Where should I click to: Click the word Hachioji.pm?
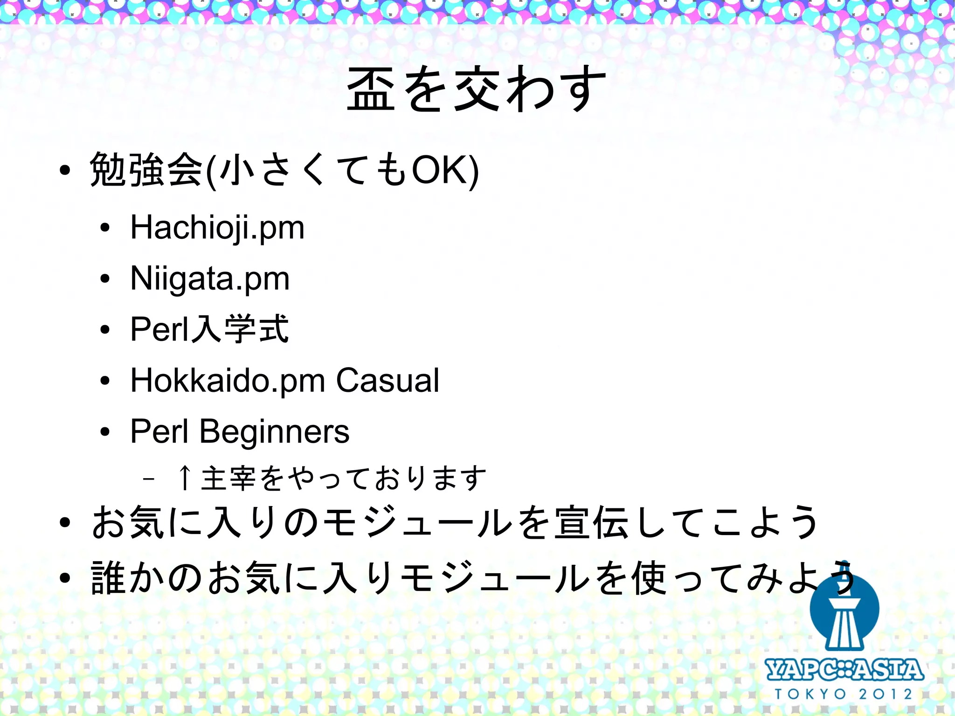pyautogui.click(x=217, y=228)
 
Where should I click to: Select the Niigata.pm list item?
pyautogui.click(x=210, y=279)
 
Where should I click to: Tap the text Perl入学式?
pyautogui.click(x=209, y=329)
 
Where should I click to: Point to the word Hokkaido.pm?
pyautogui.click(x=228, y=381)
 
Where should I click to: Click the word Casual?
pyautogui.click(x=388, y=381)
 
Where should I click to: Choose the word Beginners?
pyautogui.click(x=274, y=432)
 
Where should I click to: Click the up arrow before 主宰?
pyautogui.click(x=185, y=478)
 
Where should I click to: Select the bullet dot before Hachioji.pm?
pyautogui.click(x=105, y=228)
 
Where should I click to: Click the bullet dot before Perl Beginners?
pyautogui.click(x=105, y=432)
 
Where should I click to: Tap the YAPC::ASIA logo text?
pyautogui.click(x=844, y=670)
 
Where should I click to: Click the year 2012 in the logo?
pyautogui.click(x=886, y=694)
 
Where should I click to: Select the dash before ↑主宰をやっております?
pyautogui.click(x=149, y=479)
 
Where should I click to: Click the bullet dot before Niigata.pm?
pyautogui.click(x=105, y=279)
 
